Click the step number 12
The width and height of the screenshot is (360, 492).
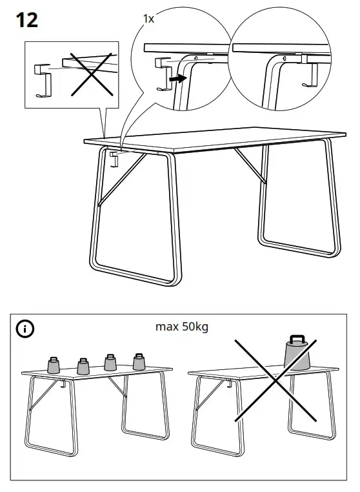click(26, 20)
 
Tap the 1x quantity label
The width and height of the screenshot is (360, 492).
click(148, 19)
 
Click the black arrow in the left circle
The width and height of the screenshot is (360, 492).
click(175, 77)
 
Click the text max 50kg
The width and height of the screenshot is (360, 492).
click(182, 327)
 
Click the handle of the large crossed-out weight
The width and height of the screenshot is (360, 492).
click(297, 339)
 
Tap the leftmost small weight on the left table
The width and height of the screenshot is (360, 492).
click(54, 365)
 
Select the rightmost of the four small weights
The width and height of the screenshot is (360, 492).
click(139, 362)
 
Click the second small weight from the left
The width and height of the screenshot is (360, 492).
click(83, 366)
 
